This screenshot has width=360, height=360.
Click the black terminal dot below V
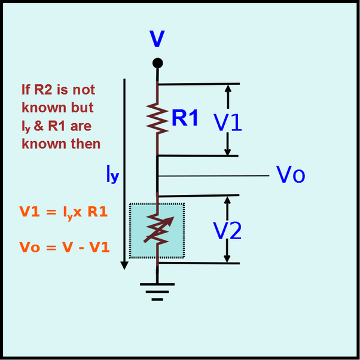158,63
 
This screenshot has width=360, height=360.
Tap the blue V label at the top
157,38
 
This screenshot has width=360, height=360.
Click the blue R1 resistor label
185,118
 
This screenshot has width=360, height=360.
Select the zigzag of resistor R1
157,118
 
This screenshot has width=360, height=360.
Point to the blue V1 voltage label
227,123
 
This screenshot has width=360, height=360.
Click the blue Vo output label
291,175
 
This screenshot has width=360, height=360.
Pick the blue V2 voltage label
227,231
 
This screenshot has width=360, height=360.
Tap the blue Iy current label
112,174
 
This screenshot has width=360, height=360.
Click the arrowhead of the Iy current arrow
124,265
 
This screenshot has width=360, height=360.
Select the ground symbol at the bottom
157,292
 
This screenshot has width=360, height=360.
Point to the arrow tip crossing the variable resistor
173,217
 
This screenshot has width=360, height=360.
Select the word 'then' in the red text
86,144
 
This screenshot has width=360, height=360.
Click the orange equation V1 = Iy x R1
63,212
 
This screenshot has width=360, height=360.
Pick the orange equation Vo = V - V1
65,247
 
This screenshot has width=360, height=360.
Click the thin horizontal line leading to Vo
213,176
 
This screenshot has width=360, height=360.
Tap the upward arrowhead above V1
228,89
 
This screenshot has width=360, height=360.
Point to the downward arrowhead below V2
227,259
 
